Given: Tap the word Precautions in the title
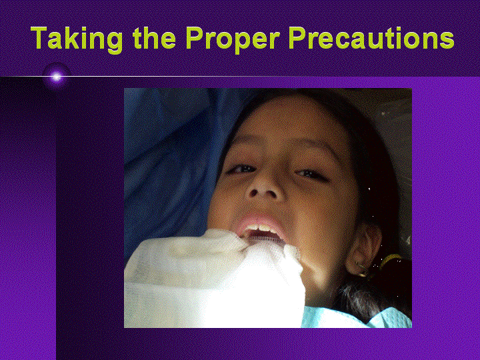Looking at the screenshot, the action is coord(371,37).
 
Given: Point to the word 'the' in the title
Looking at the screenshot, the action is coord(154,37).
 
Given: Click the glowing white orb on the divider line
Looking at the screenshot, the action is coord(56,76).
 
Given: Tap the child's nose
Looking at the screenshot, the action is coord(263,187).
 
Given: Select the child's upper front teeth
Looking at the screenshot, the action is coord(259,229).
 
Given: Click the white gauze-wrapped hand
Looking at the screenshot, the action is coord(214,279).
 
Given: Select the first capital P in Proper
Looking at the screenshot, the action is coord(194,37).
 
